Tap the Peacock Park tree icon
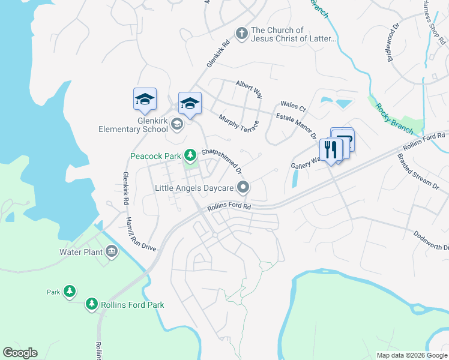point(190,156)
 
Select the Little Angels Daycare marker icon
point(243,188)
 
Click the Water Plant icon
point(112,252)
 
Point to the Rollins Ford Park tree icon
point(91,305)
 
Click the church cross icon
point(241,34)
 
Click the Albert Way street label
point(249,89)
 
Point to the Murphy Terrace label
point(238,123)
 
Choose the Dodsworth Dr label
point(431,241)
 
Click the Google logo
point(20,353)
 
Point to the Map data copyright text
point(412,355)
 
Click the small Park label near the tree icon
point(54,292)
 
